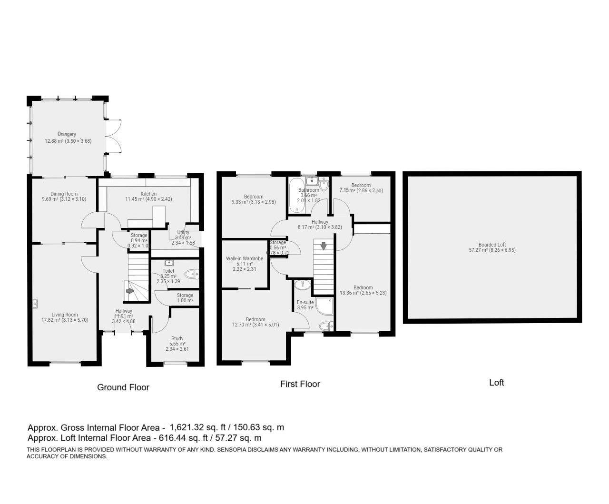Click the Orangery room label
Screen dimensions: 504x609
tap(67, 134)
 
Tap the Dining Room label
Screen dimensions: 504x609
tap(64, 194)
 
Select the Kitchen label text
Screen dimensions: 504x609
tap(148, 194)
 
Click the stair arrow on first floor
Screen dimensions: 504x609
tap(324, 246)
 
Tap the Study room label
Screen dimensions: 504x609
tap(177, 338)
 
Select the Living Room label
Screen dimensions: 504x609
tap(65, 315)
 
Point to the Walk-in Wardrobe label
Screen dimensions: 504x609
tap(245, 258)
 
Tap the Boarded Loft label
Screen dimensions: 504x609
tap(492, 245)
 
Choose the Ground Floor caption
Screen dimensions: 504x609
tap(123, 387)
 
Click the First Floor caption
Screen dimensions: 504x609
tap(300, 384)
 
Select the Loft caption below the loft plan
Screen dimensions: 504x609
tap(496, 383)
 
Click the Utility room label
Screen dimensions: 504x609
tap(183, 232)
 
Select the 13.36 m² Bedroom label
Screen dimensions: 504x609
tap(363, 287)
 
